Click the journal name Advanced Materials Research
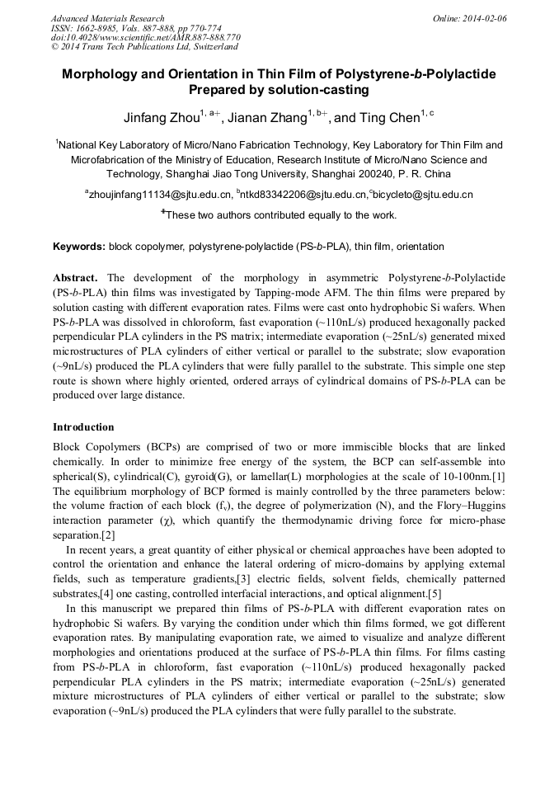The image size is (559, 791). [107, 18]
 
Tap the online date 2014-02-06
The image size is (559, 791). [486, 18]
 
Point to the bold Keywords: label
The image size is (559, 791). [79, 247]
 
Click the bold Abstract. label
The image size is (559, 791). [76, 278]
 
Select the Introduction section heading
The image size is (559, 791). [83, 427]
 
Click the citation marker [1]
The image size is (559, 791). [498, 479]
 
